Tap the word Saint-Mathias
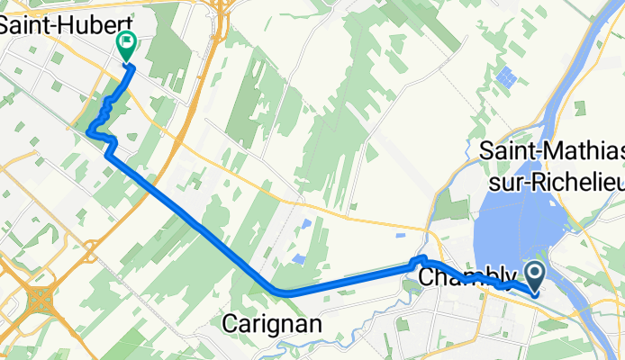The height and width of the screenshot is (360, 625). tap(550, 149)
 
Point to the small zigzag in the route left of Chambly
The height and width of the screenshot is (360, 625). tap(417, 262)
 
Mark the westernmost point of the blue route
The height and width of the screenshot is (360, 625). tap(88, 133)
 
